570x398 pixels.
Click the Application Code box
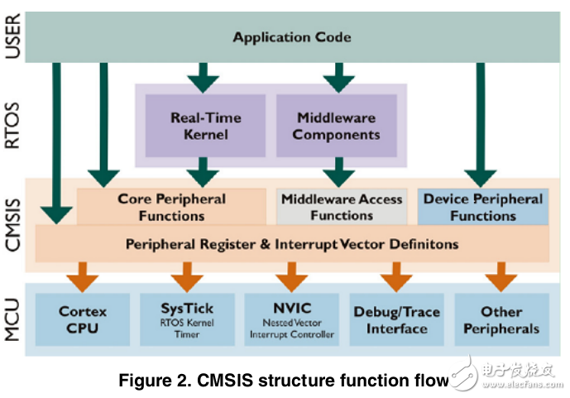tap(291, 36)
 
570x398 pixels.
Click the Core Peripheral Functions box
tap(171, 207)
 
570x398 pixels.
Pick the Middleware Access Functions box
tap(341, 207)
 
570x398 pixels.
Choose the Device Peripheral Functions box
tap(482, 207)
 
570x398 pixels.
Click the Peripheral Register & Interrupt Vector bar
tap(291, 245)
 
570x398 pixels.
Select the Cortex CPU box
tap(83, 319)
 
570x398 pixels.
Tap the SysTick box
tap(187, 319)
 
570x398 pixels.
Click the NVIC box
tap(291, 319)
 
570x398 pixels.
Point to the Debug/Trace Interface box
tap(396, 319)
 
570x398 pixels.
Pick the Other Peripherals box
tap(501, 319)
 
